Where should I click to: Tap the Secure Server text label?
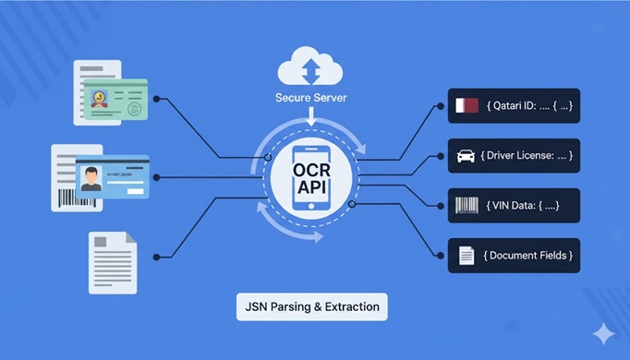310,96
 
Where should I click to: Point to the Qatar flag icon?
467,105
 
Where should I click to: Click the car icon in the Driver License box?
467,155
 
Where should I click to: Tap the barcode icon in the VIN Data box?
467,205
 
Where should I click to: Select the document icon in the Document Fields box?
467,255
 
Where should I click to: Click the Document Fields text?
529,255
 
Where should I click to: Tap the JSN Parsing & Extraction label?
311,306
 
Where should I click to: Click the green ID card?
115,100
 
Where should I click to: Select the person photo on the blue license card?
91,177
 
